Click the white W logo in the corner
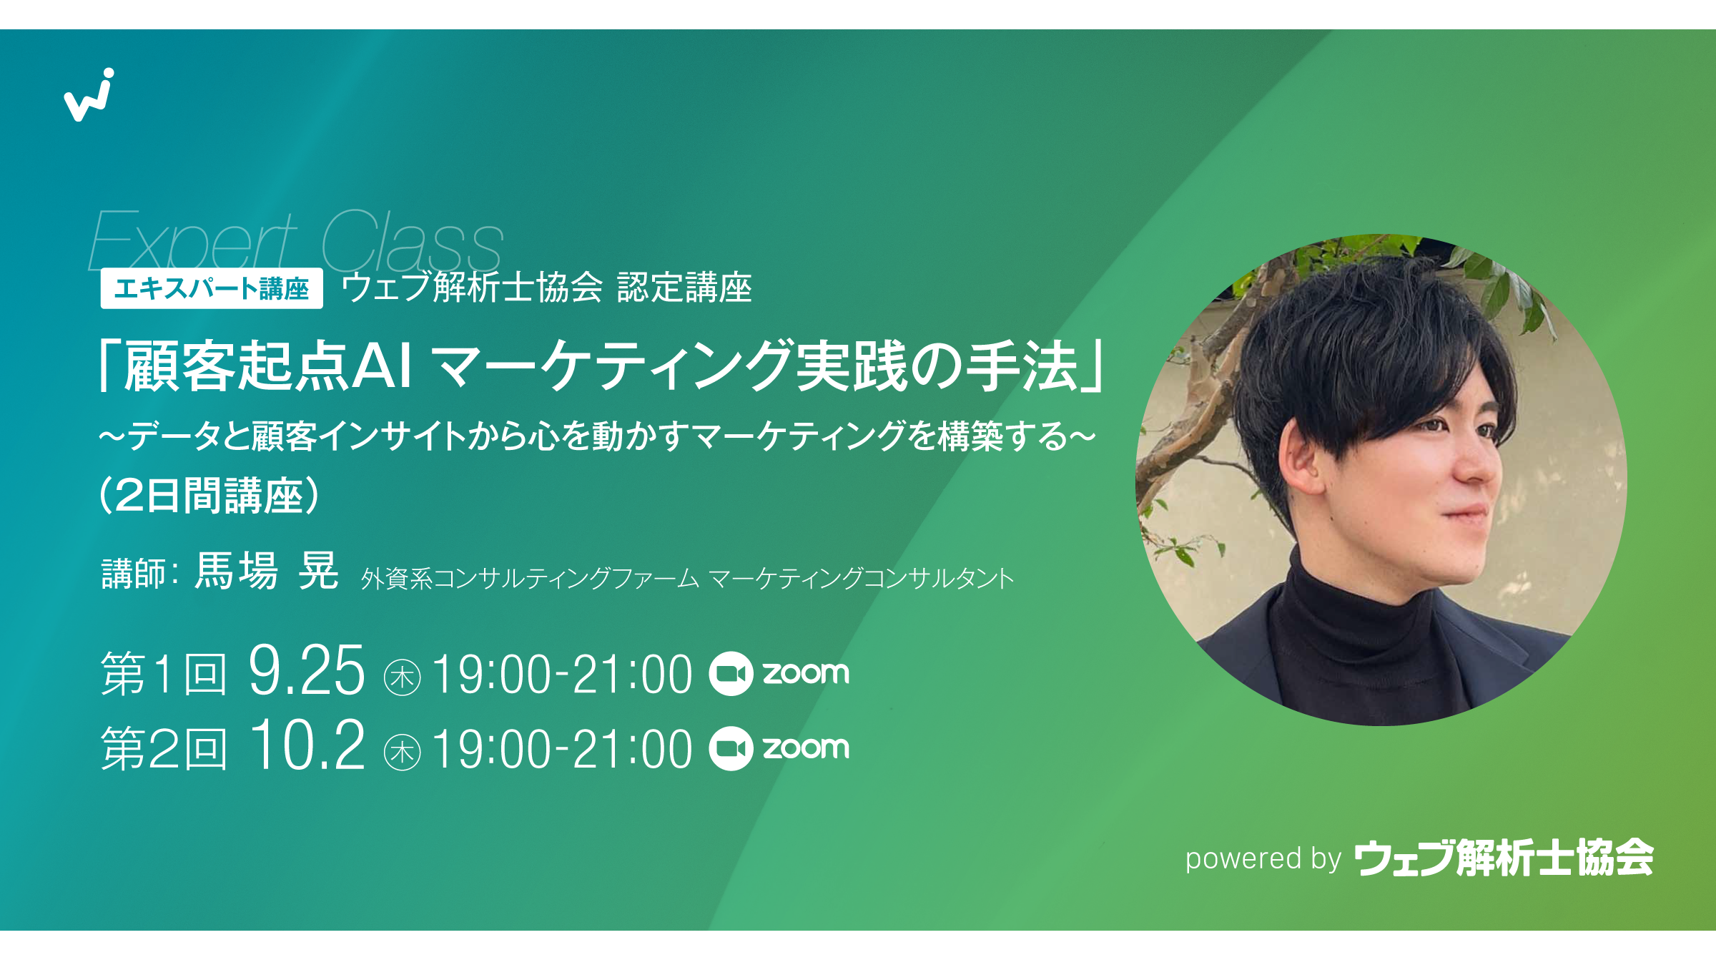tap(89, 95)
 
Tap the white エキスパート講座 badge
tap(212, 288)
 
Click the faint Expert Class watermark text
tap(296, 240)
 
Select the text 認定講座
tap(684, 288)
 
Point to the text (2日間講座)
tap(209, 495)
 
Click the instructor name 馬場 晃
tap(266, 571)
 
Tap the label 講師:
tap(140, 574)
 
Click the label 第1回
tap(164, 673)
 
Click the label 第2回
tap(164, 748)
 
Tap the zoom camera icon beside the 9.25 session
tap(731, 674)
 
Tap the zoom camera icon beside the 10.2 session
tap(731, 748)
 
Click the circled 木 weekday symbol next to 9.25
tap(402, 677)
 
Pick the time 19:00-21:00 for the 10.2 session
tap(562, 749)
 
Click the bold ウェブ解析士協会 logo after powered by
tap(1504, 857)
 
